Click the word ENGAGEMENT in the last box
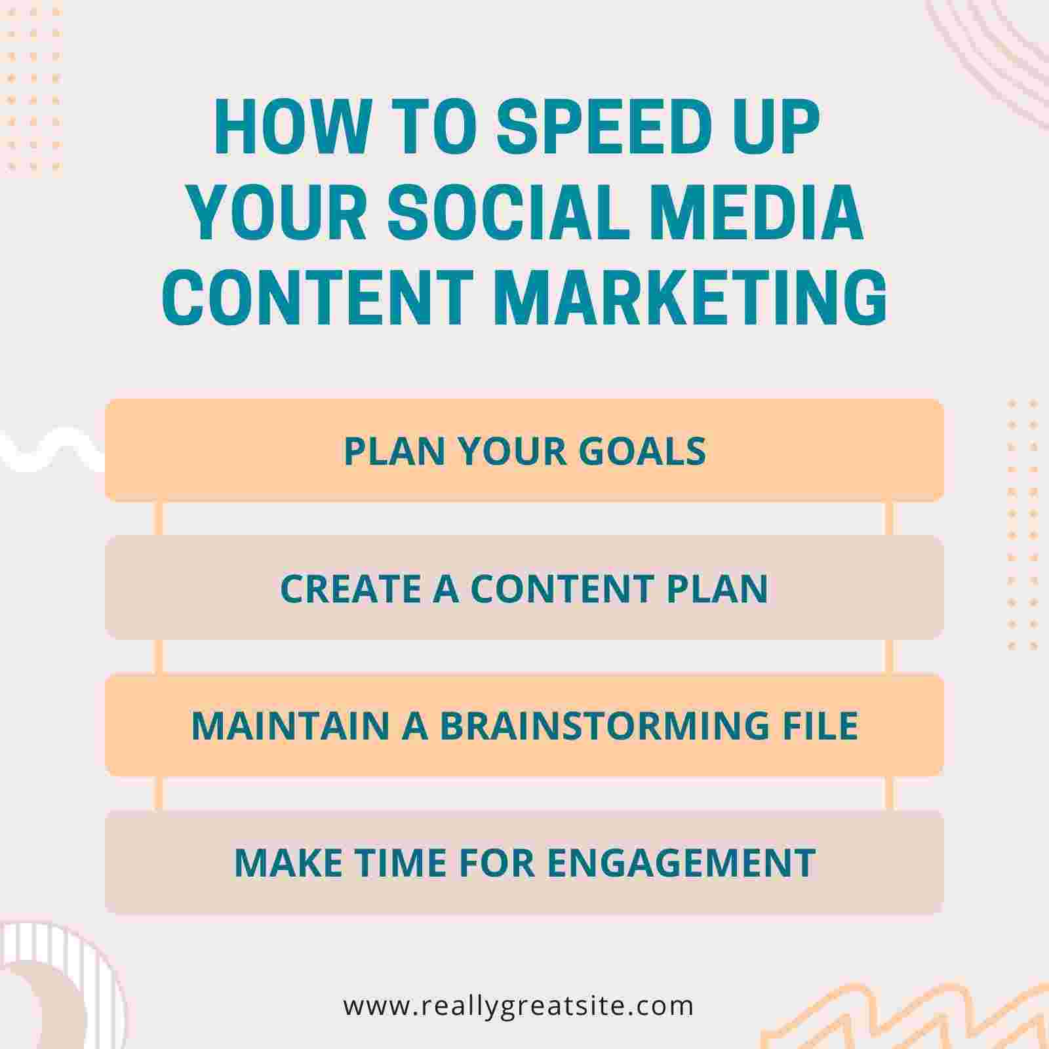[x=681, y=862]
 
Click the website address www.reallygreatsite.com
[x=518, y=1005]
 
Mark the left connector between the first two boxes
[x=158, y=519]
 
